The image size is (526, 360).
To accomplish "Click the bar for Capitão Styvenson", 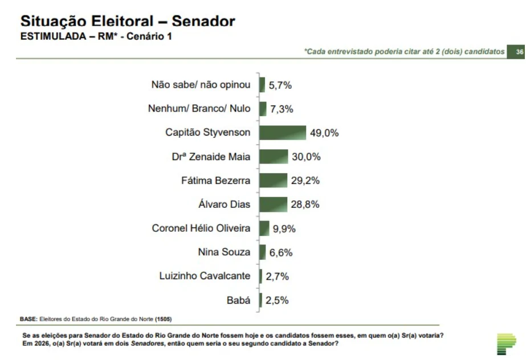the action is click(x=283, y=133).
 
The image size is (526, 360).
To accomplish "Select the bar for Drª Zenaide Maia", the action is click(x=274, y=157).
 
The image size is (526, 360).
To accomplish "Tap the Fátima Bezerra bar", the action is click(x=273, y=181).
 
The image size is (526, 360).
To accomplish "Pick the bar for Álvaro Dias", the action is click(x=273, y=204).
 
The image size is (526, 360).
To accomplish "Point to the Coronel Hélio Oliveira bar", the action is click(x=264, y=228).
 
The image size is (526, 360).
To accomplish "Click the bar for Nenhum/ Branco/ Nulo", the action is click(x=263, y=109).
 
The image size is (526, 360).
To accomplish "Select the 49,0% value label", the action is click(x=324, y=133).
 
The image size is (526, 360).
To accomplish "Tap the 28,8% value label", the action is click(x=305, y=204).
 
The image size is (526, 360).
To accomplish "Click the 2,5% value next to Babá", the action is click(x=277, y=300).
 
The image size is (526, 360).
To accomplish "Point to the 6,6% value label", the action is click(x=281, y=253).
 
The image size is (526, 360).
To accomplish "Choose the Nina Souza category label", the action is click(x=224, y=252).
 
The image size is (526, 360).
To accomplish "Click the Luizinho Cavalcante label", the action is click(x=205, y=276).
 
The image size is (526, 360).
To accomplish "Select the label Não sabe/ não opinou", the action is click(x=201, y=85).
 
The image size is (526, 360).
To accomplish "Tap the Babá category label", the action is click(x=239, y=300).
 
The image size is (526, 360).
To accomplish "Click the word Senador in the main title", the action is click(x=203, y=21).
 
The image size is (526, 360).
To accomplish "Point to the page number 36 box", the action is click(x=516, y=52).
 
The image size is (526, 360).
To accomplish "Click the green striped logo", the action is click(x=506, y=344).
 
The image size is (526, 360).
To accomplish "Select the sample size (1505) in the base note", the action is click(x=164, y=319).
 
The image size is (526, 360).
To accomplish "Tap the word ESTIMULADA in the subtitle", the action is click(x=54, y=36).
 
